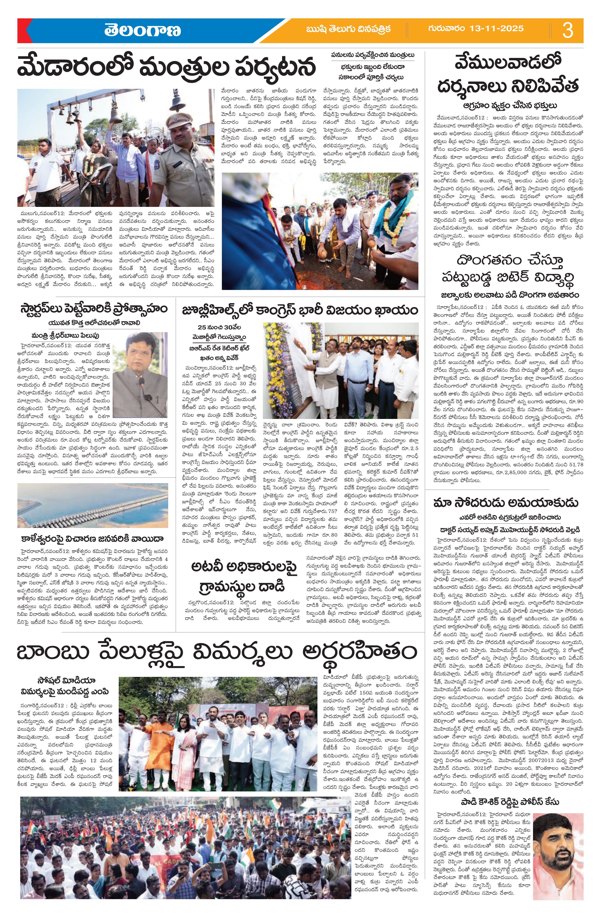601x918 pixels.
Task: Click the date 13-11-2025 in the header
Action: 476,28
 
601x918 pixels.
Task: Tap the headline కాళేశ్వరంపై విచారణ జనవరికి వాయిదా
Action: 93,538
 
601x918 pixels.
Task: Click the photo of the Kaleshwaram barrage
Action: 93,505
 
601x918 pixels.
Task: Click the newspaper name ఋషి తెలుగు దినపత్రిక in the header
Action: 348,29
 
